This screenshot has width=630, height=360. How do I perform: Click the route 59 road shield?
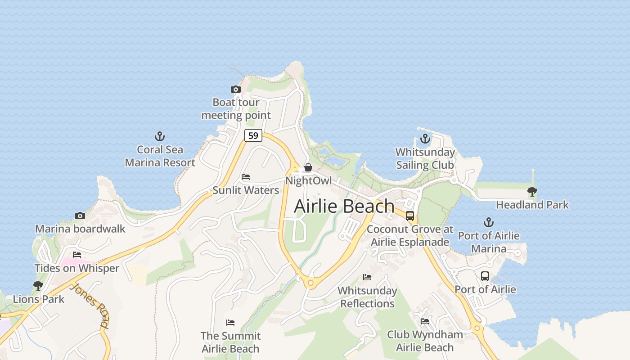(x=253, y=135)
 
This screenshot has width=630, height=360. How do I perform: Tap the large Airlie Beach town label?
(x=344, y=207)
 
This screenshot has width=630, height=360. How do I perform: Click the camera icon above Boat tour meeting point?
(x=236, y=90)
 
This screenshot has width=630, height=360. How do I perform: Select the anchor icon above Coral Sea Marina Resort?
(x=160, y=136)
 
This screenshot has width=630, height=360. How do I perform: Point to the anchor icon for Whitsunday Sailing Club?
(x=425, y=139)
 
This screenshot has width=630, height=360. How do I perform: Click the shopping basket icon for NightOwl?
(x=308, y=167)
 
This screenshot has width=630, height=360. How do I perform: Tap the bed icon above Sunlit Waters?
(x=246, y=177)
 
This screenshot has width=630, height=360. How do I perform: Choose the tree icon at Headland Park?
(x=532, y=192)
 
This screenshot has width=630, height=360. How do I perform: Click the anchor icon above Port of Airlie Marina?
(x=489, y=222)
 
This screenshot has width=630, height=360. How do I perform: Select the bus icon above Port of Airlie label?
(x=485, y=276)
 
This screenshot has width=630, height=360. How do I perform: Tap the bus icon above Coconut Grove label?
(x=410, y=216)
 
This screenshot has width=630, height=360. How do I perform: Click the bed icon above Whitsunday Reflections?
(x=367, y=277)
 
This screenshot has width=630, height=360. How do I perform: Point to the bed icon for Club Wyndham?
(x=425, y=321)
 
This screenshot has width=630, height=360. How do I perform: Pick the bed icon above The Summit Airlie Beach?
(x=230, y=323)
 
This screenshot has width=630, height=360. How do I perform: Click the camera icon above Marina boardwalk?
(x=80, y=216)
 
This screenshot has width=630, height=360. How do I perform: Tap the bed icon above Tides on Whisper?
(x=77, y=255)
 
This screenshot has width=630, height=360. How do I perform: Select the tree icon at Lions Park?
(x=38, y=286)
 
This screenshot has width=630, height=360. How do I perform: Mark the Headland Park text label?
(x=532, y=205)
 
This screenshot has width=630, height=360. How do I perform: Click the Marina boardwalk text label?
(x=80, y=229)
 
